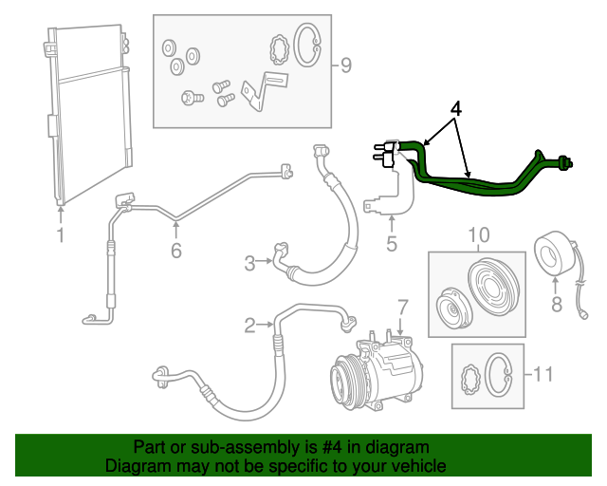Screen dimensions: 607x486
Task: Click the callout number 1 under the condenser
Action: point(61,235)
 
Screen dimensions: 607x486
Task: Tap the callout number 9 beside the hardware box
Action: point(345,65)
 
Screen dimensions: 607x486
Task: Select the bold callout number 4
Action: point(456,109)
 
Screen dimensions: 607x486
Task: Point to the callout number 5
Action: point(392,244)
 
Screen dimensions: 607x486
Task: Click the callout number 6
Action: point(176,251)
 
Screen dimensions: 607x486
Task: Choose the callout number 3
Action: point(249,263)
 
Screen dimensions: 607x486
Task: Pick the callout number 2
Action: point(249,326)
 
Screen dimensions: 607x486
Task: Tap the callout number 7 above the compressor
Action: point(403,308)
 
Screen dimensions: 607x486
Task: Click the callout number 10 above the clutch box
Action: point(479,234)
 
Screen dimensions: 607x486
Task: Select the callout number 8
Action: point(557,305)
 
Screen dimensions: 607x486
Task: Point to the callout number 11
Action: point(543,374)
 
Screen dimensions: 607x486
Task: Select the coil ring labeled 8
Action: point(551,253)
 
